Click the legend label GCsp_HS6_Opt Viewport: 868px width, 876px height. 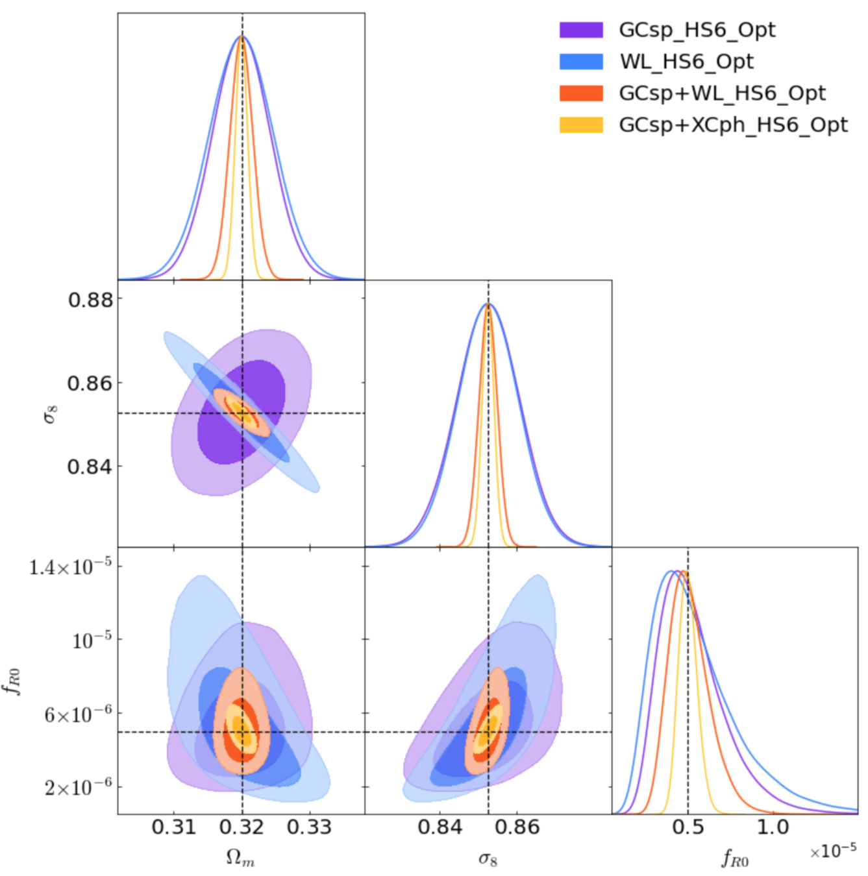[697, 30]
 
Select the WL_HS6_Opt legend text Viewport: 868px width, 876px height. [686, 62]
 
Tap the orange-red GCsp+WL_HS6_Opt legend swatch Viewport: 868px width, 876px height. [581, 93]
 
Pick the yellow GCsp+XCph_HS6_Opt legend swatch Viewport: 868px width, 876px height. [581, 125]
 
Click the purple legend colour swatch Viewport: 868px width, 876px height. [581, 30]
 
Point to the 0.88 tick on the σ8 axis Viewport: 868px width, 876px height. [90, 300]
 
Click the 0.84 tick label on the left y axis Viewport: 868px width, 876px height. [90, 467]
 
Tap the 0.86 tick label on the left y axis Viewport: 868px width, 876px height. [90, 383]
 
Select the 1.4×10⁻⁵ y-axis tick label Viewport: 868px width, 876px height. [70, 567]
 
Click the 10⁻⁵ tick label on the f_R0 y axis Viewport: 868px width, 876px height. [92, 640]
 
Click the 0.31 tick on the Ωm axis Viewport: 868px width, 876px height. [173, 827]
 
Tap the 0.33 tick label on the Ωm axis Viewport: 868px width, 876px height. [310, 827]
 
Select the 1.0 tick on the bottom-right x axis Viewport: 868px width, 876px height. [773, 827]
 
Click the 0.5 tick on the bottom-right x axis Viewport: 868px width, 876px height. [688, 827]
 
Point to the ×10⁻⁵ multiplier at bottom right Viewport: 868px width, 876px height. [833, 851]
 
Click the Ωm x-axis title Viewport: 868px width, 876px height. [240, 858]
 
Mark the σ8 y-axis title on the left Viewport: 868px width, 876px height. [50, 413]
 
